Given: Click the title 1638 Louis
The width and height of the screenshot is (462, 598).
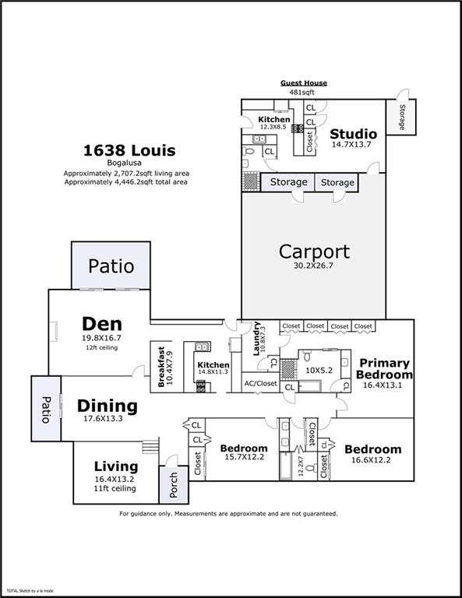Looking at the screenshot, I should (x=129, y=150).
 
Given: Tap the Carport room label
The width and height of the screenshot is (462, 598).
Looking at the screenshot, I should (x=314, y=252).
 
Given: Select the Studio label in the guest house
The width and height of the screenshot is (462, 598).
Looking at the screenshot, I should (x=354, y=134).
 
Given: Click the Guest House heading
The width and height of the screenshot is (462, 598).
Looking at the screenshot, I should (x=304, y=83).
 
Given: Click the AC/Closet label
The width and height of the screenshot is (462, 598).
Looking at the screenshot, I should (x=259, y=384).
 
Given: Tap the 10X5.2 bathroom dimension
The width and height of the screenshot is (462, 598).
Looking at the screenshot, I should (x=319, y=370).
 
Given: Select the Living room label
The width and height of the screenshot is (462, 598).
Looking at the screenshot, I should (x=116, y=466).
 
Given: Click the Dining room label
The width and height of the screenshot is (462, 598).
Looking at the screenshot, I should (x=108, y=406).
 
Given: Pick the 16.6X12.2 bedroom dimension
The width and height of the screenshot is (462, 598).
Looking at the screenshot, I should (x=372, y=461).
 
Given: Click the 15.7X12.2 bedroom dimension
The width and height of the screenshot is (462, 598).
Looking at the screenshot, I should (x=244, y=459).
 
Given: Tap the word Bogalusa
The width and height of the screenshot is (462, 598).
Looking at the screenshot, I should (x=129, y=164).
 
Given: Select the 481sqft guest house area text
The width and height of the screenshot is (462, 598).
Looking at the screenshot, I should (x=304, y=91).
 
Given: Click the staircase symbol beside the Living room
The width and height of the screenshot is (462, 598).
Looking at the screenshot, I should (x=150, y=448).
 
